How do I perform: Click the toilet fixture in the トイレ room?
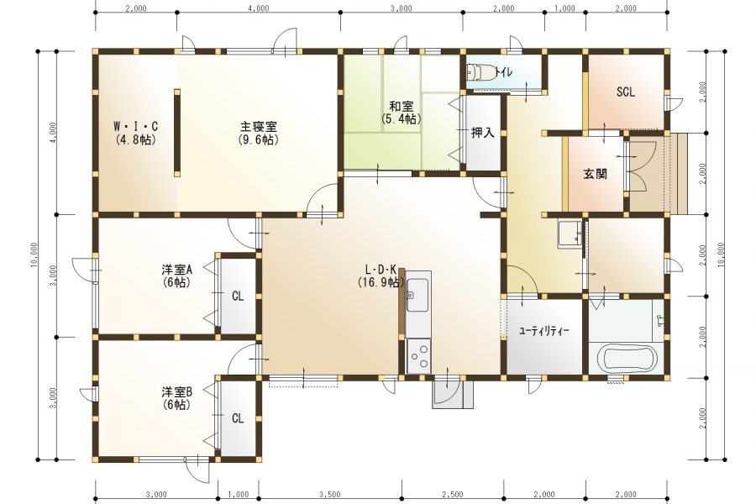tap(480, 73)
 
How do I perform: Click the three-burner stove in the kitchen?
tap(418, 355)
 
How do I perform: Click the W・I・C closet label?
tap(135, 126)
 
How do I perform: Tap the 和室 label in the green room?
tap(402, 106)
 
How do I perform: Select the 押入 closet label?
tap(483, 133)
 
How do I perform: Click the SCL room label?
tap(625, 92)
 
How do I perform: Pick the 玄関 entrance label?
tap(595, 174)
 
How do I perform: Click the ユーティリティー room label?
tap(543, 331)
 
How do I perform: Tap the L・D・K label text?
tap(380, 270)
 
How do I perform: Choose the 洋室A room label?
tap(177, 270)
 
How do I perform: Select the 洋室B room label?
tap(177, 391)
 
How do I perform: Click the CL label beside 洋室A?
tap(238, 296)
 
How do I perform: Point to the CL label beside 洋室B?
tap(238, 418)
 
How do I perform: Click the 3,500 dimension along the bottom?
tap(330, 495)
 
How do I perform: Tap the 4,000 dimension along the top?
tap(259, 8)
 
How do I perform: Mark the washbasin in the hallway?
tap(570, 234)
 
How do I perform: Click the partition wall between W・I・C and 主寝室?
tap(177, 133)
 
